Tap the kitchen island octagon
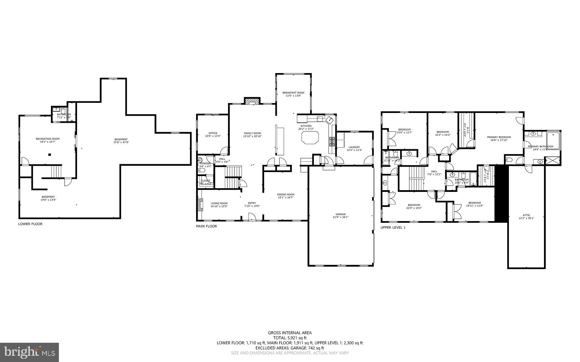tap(310, 138)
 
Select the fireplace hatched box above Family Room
tap(252, 101)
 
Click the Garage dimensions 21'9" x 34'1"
tap(341, 217)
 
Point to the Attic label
tap(526, 215)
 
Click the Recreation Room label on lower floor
tap(48, 139)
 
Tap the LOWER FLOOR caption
tap(30, 224)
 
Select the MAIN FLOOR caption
tap(206, 226)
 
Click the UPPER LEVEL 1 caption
tap(393, 228)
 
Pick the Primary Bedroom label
tap(499, 137)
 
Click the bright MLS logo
tap(29, 352)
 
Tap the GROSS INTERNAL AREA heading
tap(290, 333)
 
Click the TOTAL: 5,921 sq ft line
tap(290, 338)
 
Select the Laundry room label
tap(354, 147)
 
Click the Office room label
tap(213, 133)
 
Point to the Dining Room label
tap(285, 194)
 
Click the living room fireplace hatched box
tap(201, 205)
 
